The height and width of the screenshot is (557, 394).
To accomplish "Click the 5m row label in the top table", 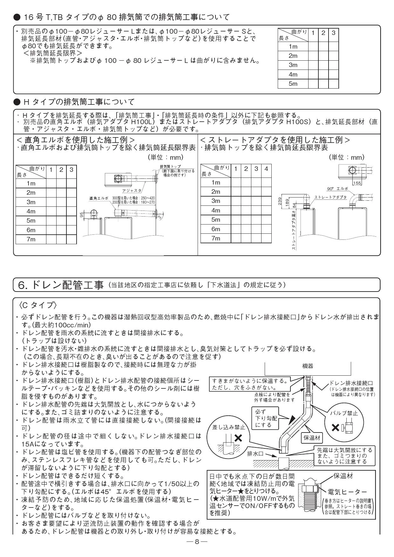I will click(293, 84).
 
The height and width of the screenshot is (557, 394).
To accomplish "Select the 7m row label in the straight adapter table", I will click(216, 238).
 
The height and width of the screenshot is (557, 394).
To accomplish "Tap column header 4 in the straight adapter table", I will click(266, 169).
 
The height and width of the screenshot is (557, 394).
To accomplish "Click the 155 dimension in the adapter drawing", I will click(357, 183).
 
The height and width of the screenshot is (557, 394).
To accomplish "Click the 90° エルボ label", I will click(337, 188).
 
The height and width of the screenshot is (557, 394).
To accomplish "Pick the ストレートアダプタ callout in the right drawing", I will click(330, 197).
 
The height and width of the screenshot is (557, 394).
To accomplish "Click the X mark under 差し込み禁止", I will click(238, 439).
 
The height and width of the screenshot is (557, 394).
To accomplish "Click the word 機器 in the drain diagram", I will click(307, 366).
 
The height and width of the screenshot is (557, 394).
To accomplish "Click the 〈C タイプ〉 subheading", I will click(38, 305).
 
